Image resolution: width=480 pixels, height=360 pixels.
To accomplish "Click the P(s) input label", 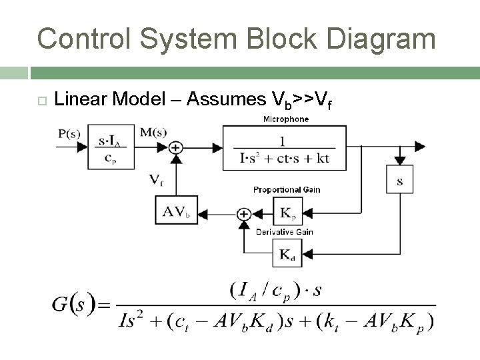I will pos(69,133).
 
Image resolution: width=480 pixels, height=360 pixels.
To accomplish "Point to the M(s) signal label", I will pos(153,132).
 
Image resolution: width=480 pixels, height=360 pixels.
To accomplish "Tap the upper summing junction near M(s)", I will pos(176,147).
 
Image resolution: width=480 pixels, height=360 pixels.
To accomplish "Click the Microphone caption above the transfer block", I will pos(286,119).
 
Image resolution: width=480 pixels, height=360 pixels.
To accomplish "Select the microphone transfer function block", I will pos(285,148).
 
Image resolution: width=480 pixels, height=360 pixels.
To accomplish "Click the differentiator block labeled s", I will pos(399,181).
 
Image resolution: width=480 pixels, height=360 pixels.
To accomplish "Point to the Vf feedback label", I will pos(155,180).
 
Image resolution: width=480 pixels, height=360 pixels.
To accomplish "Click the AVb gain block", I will pos(176,213).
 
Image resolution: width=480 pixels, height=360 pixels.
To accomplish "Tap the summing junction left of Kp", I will pos(243,214).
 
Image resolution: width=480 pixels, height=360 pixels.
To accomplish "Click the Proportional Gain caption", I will pos(287,189).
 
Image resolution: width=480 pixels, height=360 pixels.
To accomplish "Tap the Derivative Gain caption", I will pos(285,232).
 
